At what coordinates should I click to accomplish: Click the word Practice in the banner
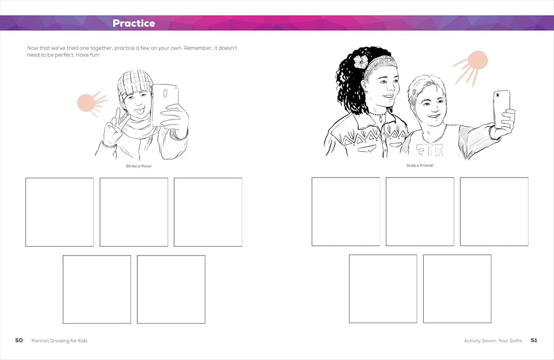tap(134, 23)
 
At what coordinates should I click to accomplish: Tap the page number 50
tap(19, 340)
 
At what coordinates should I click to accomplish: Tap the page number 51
tap(534, 340)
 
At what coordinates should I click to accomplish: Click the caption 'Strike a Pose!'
tap(138, 166)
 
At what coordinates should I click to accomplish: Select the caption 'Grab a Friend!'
tap(420, 165)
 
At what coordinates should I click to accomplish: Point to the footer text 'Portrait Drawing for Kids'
tap(60, 341)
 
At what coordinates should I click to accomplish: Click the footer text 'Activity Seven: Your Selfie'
tap(493, 341)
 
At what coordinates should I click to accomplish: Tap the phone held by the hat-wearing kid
tap(164, 104)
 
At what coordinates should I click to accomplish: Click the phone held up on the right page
tap(502, 109)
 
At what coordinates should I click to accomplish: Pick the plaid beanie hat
tap(135, 84)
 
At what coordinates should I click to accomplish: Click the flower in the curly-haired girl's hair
tap(361, 62)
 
